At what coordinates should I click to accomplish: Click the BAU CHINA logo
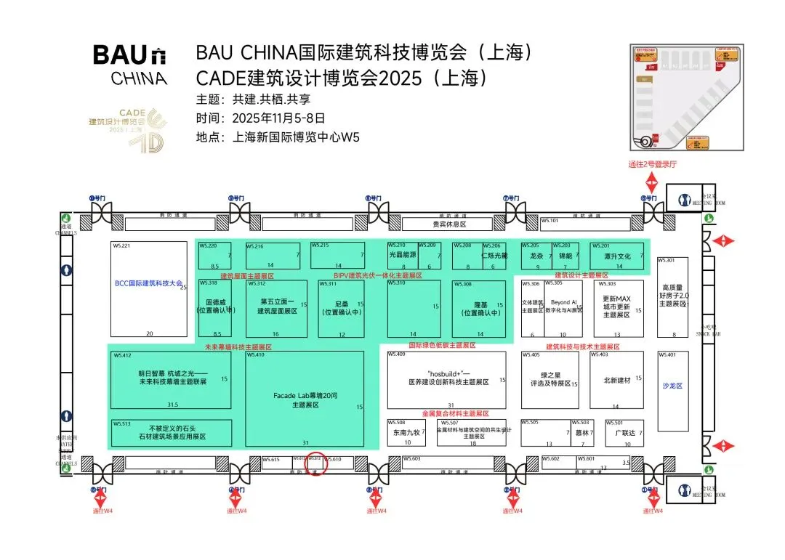click(130, 64)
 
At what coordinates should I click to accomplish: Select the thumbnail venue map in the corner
click(687, 97)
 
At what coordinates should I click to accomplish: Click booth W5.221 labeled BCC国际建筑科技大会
click(149, 289)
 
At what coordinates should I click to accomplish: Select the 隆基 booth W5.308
click(478, 308)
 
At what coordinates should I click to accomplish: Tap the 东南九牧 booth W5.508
click(406, 432)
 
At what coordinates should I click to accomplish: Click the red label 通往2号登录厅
click(652, 165)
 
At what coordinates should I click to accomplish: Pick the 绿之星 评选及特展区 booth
click(550, 380)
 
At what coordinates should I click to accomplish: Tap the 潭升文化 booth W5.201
click(616, 256)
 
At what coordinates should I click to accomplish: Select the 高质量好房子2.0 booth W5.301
click(672, 296)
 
